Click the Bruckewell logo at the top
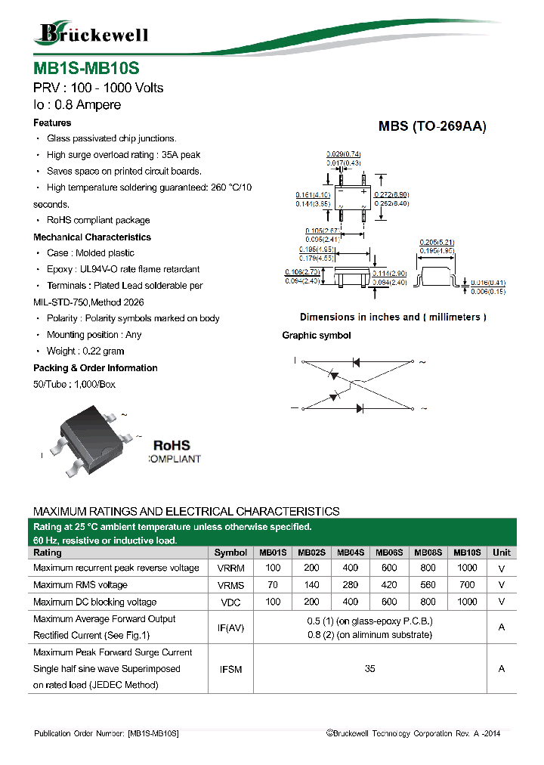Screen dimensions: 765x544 pyautogui.click(x=92, y=33)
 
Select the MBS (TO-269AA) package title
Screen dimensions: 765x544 pyautogui.click(x=432, y=127)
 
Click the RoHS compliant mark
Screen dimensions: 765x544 pyautogui.click(x=172, y=452)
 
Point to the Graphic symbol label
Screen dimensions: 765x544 pyautogui.click(x=316, y=335)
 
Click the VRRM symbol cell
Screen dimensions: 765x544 pyautogui.click(x=230, y=568)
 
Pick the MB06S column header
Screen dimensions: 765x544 pyautogui.click(x=389, y=553)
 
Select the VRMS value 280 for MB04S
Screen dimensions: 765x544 pyautogui.click(x=350, y=585)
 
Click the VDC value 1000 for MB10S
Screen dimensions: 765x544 pyautogui.click(x=467, y=602)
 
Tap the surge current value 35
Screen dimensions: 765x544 pyautogui.click(x=369, y=669)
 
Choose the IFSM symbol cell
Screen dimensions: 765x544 pyautogui.click(x=230, y=669)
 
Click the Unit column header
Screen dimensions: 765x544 pyautogui.click(x=501, y=553)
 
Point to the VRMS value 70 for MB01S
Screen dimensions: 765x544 pyautogui.click(x=273, y=585)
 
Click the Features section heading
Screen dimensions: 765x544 pyautogui.click(x=52, y=122)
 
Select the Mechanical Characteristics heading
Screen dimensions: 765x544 pyautogui.click(x=92, y=237)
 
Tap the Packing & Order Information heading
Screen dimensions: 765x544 pyautogui.click(x=95, y=368)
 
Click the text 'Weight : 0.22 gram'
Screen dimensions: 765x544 pyautogui.click(x=85, y=352)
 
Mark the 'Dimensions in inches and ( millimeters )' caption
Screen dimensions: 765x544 pyautogui.click(x=393, y=317)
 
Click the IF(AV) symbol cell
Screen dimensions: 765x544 pyautogui.click(x=230, y=627)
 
